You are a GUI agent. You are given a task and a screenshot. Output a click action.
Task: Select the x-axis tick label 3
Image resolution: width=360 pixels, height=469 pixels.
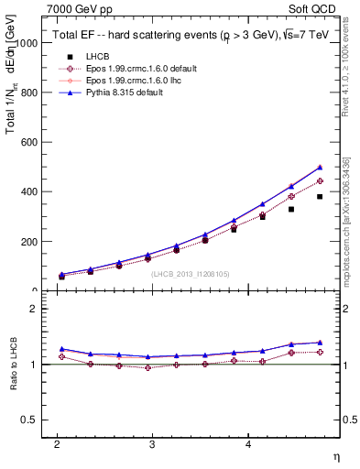pyautogui.click(x=152, y=443)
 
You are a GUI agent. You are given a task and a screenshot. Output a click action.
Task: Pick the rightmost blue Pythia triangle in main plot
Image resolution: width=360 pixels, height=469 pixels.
pyautogui.click(x=320, y=167)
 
